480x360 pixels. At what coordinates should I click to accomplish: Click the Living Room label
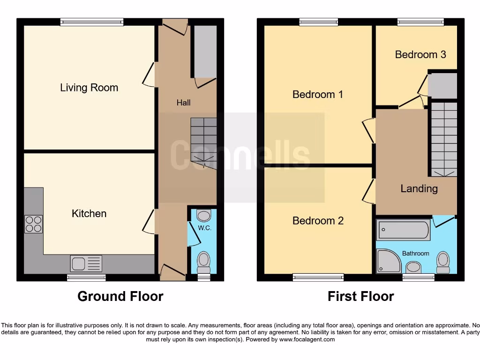[x=89, y=88]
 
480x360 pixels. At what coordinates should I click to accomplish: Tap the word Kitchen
[x=89, y=214]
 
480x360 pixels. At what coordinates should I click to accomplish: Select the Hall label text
[x=183, y=103]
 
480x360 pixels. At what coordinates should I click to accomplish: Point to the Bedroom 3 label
[x=420, y=54]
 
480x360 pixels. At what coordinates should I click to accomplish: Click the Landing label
[x=419, y=188]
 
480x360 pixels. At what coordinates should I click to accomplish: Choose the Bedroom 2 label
[x=318, y=220]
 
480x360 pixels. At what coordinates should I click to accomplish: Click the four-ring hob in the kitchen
[x=33, y=224]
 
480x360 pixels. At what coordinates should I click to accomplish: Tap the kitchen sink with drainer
[x=86, y=263]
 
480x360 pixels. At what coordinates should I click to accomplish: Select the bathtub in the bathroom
[x=403, y=230]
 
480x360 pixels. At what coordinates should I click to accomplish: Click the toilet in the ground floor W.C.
[x=204, y=262]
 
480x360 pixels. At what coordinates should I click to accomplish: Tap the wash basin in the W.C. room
[x=204, y=216]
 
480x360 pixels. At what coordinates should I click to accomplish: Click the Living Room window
[x=92, y=21]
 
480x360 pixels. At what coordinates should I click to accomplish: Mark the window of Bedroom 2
[x=318, y=277]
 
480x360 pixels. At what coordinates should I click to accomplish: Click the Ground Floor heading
[x=120, y=296]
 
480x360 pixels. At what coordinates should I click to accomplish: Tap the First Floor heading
[x=360, y=296]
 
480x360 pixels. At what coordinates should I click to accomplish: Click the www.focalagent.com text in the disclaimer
[x=307, y=339]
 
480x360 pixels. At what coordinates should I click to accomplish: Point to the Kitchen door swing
[x=149, y=221]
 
